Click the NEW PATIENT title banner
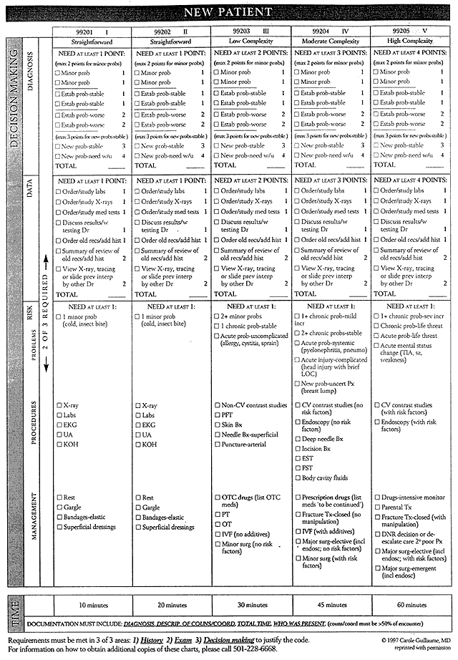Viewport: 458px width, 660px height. click(x=228, y=11)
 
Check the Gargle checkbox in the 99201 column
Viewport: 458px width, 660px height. click(x=59, y=508)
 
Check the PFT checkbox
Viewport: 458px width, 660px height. click(x=217, y=415)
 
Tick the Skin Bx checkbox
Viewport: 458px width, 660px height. click(x=217, y=425)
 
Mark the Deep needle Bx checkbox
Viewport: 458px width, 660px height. click(x=298, y=438)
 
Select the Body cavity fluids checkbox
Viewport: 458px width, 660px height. click(x=298, y=478)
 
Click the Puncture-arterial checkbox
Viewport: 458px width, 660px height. click(x=217, y=445)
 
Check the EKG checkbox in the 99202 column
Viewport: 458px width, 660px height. click(x=139, y=425)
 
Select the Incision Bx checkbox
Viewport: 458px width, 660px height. click(x=298, y=448)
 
